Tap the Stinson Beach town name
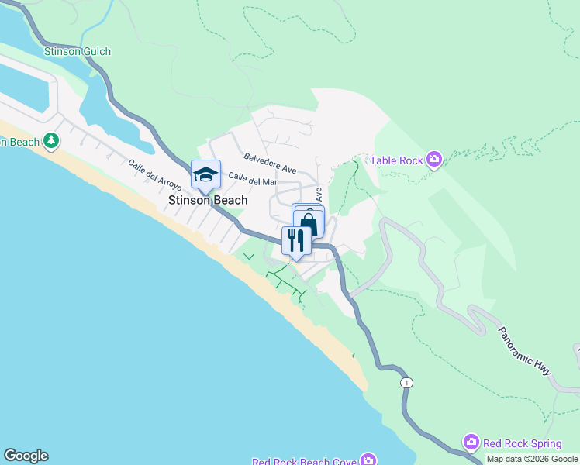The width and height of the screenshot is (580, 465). point(209,200)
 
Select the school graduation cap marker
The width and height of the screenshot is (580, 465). point(205,174)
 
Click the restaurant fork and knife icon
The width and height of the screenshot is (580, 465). point(296,239)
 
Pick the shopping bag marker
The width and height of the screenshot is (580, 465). point(309,223)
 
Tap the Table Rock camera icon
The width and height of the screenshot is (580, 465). point(433,160)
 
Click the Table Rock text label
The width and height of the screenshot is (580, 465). point(395,160)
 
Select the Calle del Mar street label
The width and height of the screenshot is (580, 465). point(253,181)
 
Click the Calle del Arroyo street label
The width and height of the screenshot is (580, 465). point(155,175)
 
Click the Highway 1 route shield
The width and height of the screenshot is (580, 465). point(407,383)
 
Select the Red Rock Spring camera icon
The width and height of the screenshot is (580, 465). point(471,443)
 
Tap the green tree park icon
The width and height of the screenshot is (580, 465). point(51,141)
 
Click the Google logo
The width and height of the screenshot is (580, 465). point(26,456)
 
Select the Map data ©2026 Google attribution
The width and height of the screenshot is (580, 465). point(532,459)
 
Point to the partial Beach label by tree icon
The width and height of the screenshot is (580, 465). point(19,142)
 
